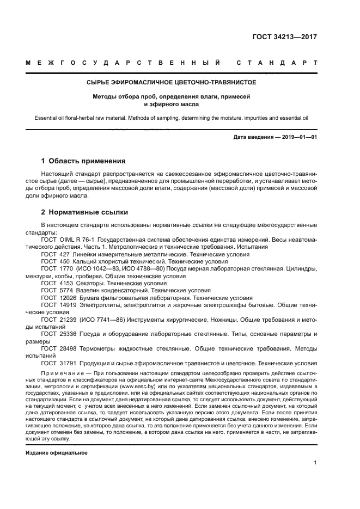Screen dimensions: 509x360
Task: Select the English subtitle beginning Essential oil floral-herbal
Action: point(171,117)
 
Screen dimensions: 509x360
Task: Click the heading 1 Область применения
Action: point(83,161)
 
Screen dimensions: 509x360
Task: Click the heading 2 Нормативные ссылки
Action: point(84,212)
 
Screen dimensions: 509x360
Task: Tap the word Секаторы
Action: point(92,284)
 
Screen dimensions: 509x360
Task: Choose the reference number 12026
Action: point(68,298)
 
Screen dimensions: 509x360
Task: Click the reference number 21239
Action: point(68,321)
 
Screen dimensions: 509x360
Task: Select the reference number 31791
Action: point(68,363)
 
